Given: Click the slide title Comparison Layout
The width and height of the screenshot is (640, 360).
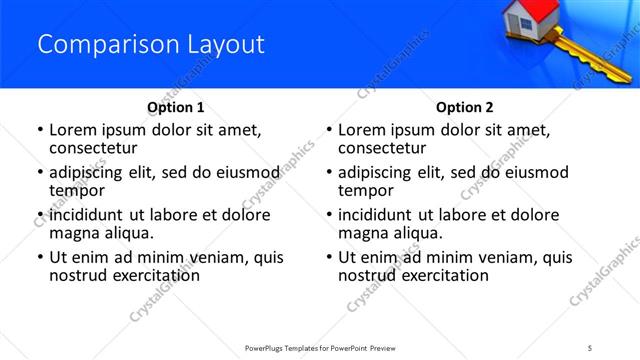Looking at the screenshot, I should [150, 45].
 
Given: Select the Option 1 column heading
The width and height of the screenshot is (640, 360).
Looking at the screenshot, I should [175, 107].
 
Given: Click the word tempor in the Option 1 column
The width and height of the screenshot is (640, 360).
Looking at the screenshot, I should [74, 192].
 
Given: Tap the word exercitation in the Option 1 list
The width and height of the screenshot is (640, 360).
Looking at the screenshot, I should [155, 275].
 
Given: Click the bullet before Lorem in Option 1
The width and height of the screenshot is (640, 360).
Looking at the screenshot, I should [39, 131].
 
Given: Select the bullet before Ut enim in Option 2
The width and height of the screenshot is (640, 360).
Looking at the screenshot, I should [329, 257].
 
